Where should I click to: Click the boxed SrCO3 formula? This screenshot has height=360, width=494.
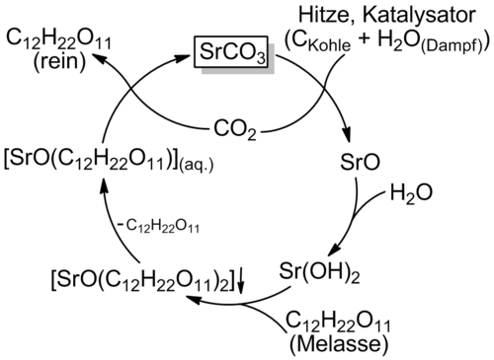click(233, 51)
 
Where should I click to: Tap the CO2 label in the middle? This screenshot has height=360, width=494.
click(235, 129)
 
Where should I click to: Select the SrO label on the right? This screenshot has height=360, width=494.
click(360, 162)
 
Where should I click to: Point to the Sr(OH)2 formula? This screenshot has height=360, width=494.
click(319, 272)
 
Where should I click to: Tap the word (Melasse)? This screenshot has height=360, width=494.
click(339, 344)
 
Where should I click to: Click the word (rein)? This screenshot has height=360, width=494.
click(59, 61)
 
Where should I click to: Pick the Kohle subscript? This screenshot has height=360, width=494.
click(329, 45)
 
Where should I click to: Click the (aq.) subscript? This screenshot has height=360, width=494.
click(197, 165)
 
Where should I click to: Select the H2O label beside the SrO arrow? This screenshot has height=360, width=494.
click(411, 193)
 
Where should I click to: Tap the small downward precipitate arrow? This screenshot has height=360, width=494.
click(241, 280)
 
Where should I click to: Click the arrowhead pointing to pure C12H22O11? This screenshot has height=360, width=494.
click(100, 60)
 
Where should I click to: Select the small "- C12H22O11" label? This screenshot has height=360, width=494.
click(158, 227)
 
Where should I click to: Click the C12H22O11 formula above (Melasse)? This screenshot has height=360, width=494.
click(338, 322)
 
